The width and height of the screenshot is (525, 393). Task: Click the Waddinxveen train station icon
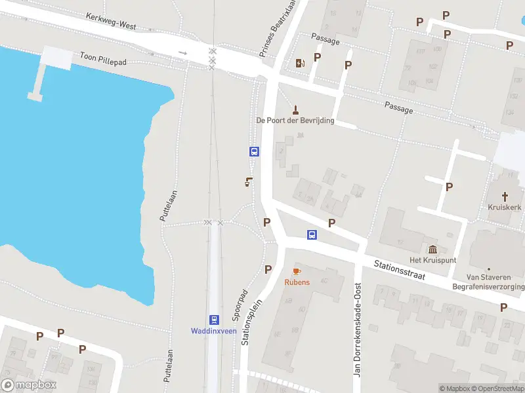click(x=214, y=319)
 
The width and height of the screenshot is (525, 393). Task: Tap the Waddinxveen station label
click(x=214, y=331)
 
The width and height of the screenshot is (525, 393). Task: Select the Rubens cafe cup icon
click(x=297, y=271)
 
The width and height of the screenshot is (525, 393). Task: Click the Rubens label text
click(x=297, y=282)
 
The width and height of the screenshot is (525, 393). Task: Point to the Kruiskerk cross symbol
click(x=505, y=196)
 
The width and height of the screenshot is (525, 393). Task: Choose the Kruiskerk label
click(x=505, y=207)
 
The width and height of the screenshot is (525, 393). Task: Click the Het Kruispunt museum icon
click(x=432, y=250)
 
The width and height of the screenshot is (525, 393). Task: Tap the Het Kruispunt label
click(x=432, y=261)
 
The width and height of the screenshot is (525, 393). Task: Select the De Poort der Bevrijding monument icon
click(x=295, y=109)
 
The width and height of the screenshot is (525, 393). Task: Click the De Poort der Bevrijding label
click(x=295, y=121)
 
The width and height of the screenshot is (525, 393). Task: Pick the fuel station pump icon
click(x=301, y=63)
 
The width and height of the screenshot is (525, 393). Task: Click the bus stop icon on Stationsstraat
click(x=312, y=234)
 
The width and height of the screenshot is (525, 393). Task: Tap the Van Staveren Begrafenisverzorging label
click(x=488, y=282)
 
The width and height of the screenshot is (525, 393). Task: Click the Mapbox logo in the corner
click(x=29, y=385)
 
